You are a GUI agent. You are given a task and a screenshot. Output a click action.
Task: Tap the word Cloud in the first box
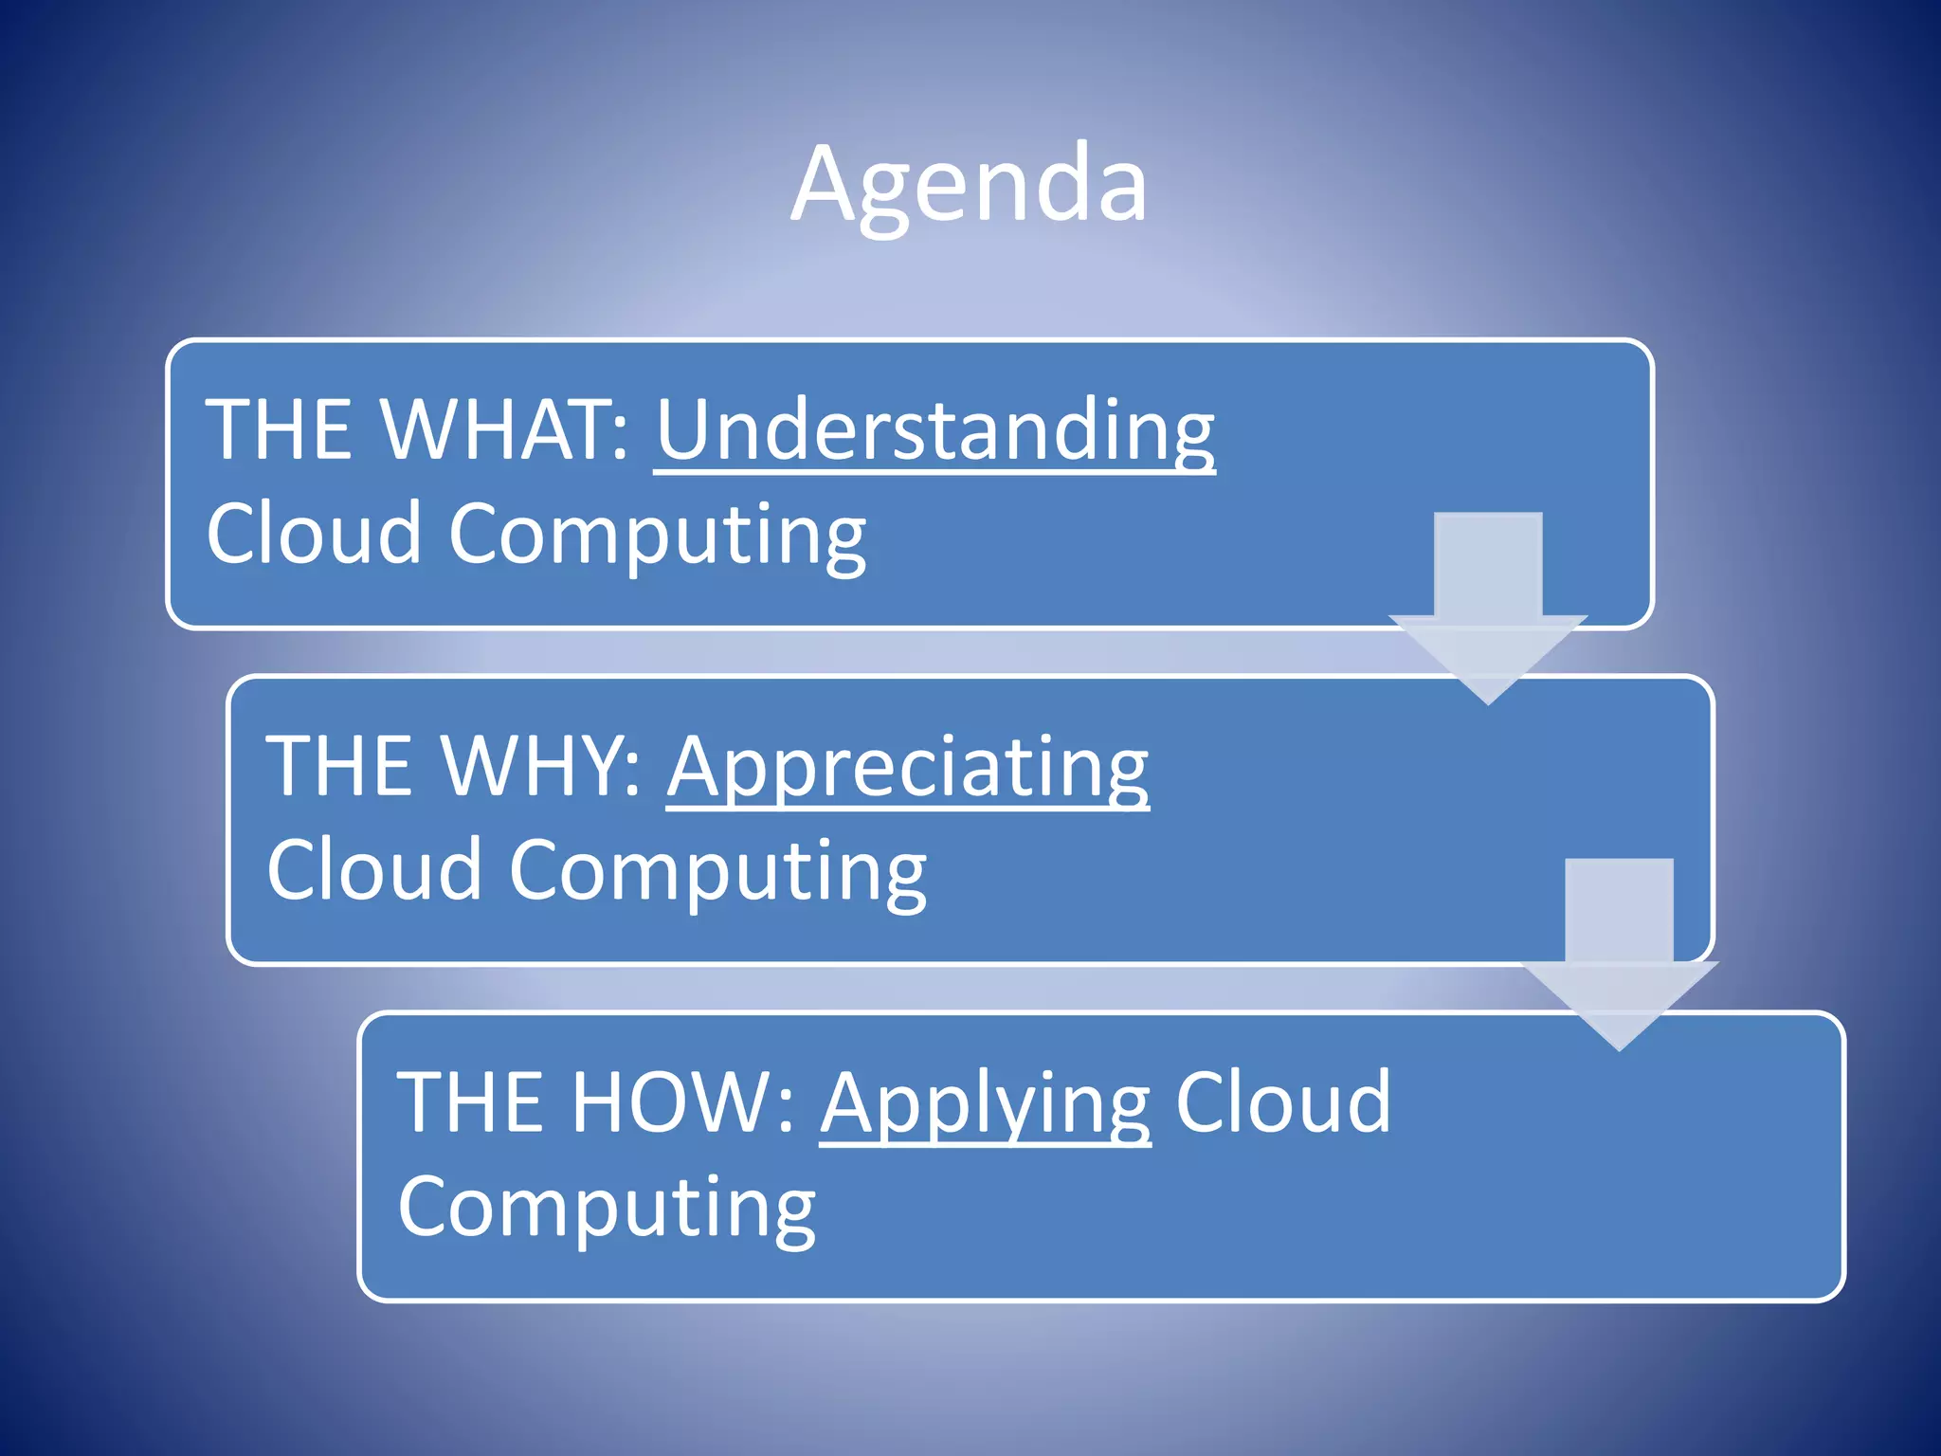[x=313, y=533]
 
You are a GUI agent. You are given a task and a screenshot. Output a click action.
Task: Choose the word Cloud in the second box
[x=373, y=869]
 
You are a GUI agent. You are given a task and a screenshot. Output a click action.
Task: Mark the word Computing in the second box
[x=717, y=873]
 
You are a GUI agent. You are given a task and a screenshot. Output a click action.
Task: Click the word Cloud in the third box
[x=1283, y=1102]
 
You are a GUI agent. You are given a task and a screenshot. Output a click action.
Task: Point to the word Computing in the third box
[x=607, y=1209]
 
